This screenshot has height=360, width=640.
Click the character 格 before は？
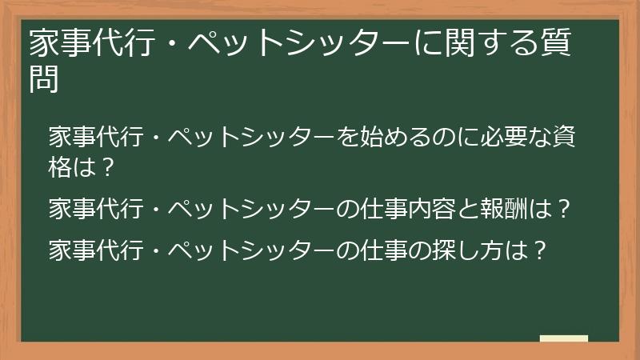point(61,169)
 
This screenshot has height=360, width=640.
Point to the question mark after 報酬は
point(562,210)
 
